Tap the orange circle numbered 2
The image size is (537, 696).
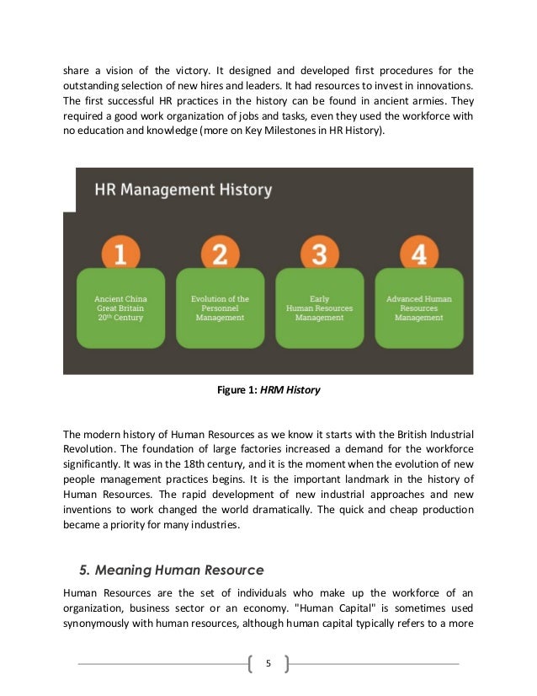(x=220, y=253)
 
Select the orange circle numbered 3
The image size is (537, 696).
(x=319, y=253)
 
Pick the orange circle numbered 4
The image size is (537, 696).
(x=418, y=253)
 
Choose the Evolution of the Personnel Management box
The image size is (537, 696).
(x=220, y=308)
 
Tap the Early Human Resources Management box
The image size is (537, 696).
(x=319, y=308)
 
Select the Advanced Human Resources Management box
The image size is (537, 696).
(x=418, y=308)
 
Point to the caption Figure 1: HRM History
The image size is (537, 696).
(x=268, y=390)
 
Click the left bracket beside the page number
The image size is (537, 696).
(x=251, y=664)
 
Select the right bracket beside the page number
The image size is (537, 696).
(x=286, y=664)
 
